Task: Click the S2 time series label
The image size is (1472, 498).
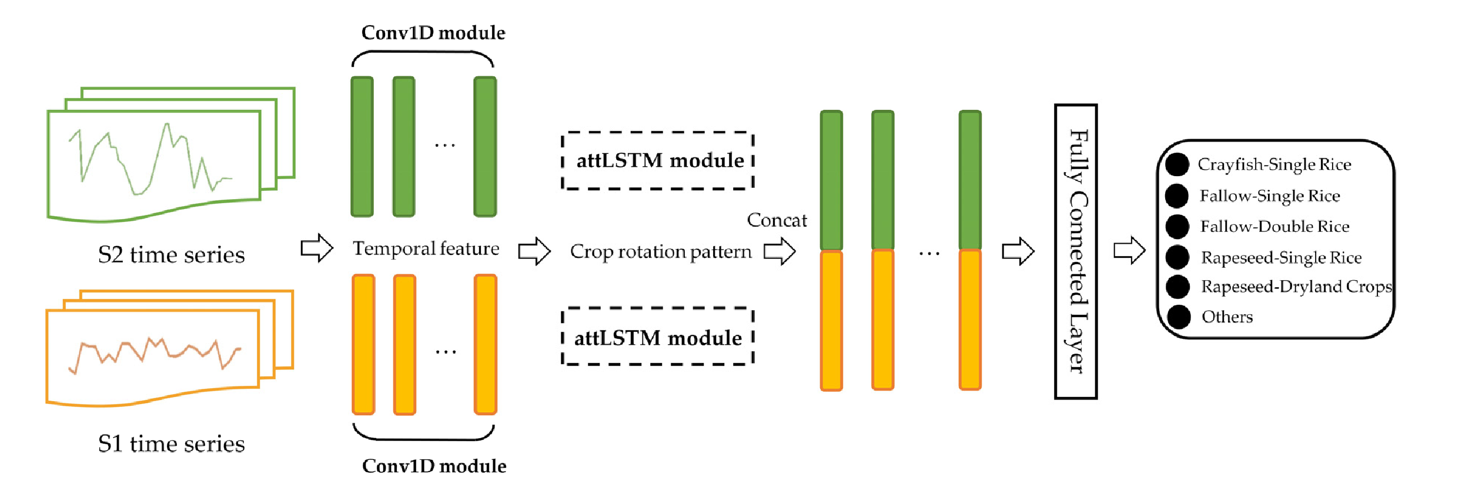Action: click(x=171, y=255)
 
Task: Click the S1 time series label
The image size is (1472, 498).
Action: click(x=171, y=444)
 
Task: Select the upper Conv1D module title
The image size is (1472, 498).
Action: click(x=433, y=33)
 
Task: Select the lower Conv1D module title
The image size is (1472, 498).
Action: click(x=434, y=466)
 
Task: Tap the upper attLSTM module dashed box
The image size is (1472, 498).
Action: click(x=658, y=161)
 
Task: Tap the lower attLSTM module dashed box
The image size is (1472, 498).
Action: click(x=658, y=337)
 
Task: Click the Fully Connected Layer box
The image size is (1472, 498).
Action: click(x=1076, y=251)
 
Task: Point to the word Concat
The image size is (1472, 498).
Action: click(x=777, y=220)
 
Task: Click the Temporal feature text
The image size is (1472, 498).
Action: click(x=426, y=248)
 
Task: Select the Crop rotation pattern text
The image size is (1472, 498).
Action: click(x=661, y=252)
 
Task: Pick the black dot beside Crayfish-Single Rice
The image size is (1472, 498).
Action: click(x=1177, y=164)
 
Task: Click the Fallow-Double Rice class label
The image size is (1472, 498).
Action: click(x=1274, y=227)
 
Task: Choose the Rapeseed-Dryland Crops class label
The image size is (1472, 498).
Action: click(x=1296, y=287)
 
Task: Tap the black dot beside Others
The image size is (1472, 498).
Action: click(x=1179, y=317)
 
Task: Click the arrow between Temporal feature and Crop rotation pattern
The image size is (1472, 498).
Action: click(x=534, y=251)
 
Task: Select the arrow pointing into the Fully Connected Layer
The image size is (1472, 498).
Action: click(x=1018, y=251)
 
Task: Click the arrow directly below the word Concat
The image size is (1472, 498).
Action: click(x=780, y=251)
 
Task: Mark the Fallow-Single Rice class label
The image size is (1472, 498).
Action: click(x=1270, y=196)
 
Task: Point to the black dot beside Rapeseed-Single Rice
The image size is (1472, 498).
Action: click(x=1177, y=257)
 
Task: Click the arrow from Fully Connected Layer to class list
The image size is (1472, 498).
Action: click(x=1129, y=250)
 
